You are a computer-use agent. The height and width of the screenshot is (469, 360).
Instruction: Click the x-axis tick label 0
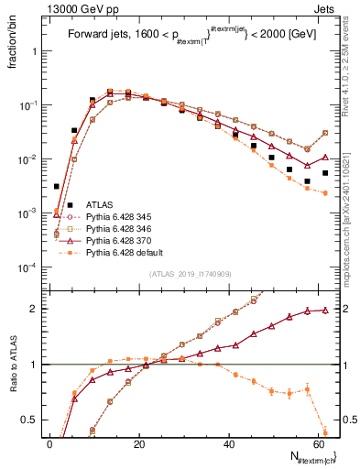[49, 444]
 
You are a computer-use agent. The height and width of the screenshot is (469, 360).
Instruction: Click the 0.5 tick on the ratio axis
[30, 420]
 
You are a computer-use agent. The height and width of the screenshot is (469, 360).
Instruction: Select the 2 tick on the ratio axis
[35, 309]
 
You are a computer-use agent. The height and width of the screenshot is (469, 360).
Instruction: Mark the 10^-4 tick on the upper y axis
[27, 267]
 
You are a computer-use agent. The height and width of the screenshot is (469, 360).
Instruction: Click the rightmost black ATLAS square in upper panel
[325, 173]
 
